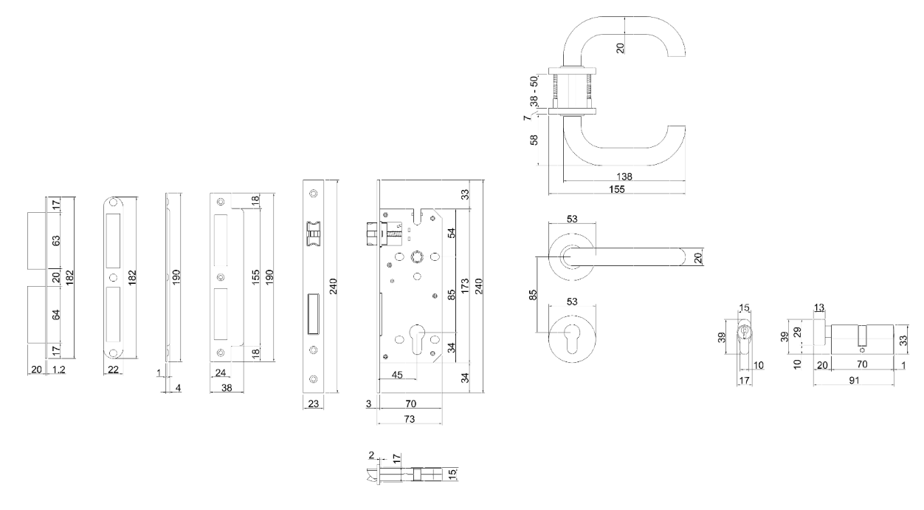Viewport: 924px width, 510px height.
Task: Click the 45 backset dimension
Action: [396, 374]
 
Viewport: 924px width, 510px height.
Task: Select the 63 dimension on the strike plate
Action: [56, 240]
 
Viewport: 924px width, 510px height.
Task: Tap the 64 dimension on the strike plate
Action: [56, 315]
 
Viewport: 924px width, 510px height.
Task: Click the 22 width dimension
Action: [113, 369]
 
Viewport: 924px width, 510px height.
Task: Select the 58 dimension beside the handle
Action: [534, 140]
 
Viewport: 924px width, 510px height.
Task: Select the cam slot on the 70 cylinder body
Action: [862, 334]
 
